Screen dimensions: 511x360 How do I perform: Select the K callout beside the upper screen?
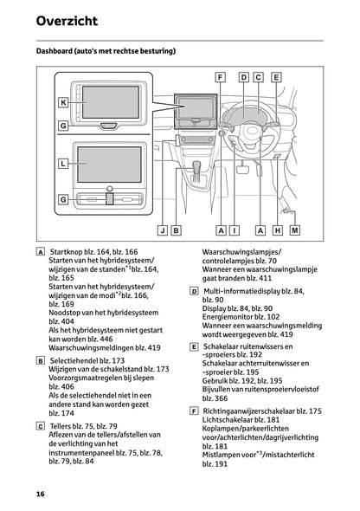(63, 102)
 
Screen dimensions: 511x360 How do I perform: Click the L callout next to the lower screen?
(63, 162)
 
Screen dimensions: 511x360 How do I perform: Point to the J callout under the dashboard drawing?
(162, 230)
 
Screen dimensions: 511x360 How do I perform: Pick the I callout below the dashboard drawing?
(235, 230)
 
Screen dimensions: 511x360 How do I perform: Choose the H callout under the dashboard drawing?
(278, 230)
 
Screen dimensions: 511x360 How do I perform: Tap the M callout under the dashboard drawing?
(294, 230)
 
